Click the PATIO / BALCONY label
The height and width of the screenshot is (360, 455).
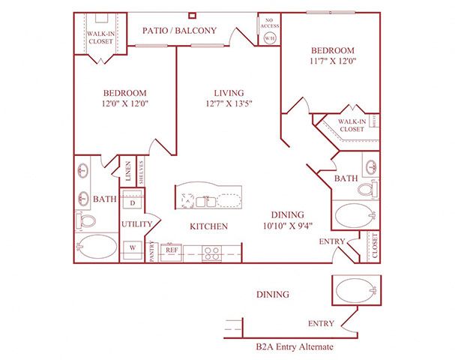coord(180,31)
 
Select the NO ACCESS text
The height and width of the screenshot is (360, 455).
coord(270,22)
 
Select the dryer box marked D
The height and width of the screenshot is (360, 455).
coord(133,203)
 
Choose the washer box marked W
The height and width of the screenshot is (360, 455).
coord(133,247)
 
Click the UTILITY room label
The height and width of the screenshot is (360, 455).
coord(136,223)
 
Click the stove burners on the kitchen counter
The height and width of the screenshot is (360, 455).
coord(211,253)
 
